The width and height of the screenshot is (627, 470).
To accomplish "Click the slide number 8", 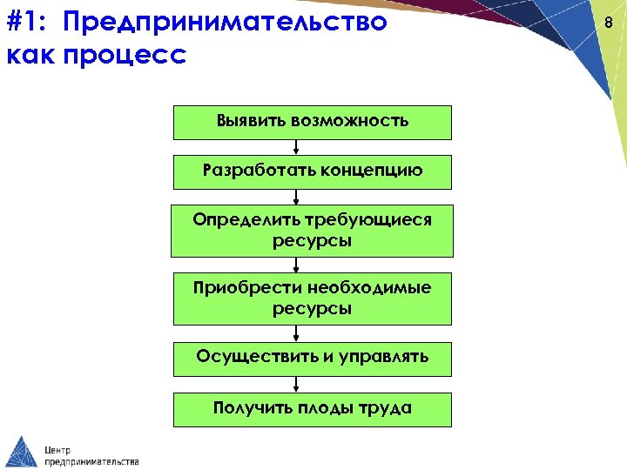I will coord(610,23).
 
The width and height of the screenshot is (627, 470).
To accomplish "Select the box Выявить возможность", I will coord(313,122).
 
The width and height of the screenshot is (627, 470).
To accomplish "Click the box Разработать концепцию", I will coord(313,171).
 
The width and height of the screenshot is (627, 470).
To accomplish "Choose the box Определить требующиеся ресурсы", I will coord(313,231).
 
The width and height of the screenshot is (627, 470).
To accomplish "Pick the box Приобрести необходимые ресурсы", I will coord(313,299).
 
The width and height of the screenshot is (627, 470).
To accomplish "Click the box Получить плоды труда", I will coord(313,409).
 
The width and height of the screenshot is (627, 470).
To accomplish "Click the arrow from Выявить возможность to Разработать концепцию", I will coord(296,147).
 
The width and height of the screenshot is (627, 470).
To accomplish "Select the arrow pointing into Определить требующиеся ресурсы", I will coord(296,198).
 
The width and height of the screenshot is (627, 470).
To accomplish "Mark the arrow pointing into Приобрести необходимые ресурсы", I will coord(296,265).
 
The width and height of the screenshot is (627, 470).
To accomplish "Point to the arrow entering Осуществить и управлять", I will coord(296,333).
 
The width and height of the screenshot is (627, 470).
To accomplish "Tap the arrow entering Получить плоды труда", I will coord(296,384).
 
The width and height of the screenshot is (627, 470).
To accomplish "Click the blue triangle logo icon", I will coord(21,451).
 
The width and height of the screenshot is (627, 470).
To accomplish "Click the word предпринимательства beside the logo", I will coord(91,461).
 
